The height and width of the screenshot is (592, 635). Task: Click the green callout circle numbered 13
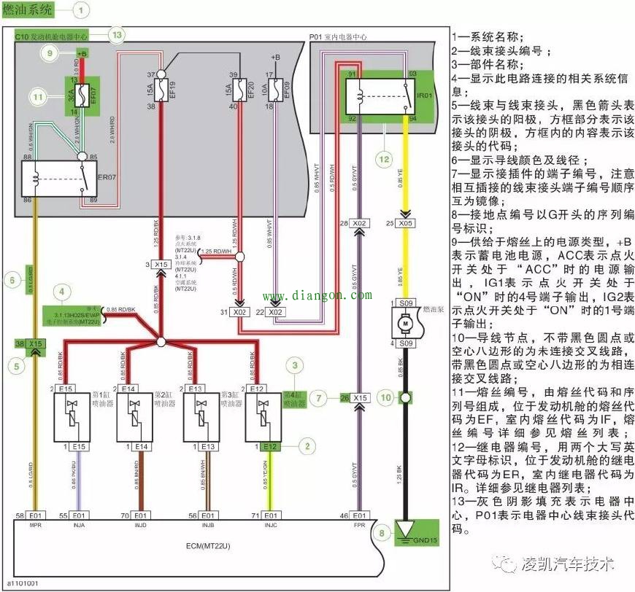115,34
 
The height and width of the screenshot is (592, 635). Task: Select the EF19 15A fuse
162,90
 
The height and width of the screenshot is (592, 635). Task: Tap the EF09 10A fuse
274,90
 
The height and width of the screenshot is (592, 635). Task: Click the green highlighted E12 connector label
270,446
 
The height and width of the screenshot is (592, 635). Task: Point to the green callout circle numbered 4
66,293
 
